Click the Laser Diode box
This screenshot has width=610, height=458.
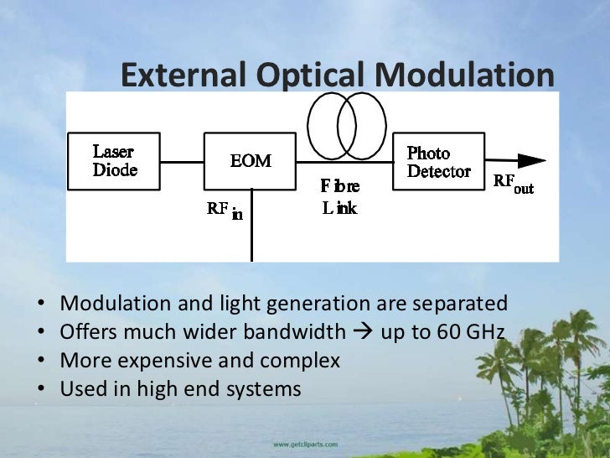pos(114,160)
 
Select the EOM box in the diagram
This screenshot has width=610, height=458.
pos(250,160)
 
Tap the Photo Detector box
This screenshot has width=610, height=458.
pos(437,161)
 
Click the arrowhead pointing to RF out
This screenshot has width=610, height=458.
pos(531,161)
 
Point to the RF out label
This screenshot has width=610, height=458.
pos(513,183)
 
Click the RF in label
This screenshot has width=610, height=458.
pos(225,210)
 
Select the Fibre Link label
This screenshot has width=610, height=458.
pos(339,197)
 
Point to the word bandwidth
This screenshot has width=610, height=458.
pos(293,332)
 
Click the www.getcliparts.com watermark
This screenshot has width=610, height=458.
pos(305,444)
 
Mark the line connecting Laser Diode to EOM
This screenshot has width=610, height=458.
pos(183,161)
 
